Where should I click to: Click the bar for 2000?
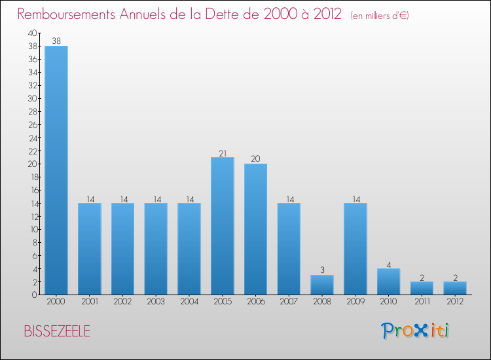coord(56,170)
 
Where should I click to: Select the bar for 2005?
coord(223,226)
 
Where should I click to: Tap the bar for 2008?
coord(322,285)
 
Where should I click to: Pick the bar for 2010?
coord(389,281)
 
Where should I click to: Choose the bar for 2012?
coord(455,288)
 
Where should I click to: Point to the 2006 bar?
coord(256,229)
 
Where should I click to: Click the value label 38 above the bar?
coord(56,41)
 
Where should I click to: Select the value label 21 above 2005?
coord(223,153)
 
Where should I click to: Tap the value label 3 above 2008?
coord(322,270)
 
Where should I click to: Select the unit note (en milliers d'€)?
coord(380,15)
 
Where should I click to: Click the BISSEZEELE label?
coord(57,331)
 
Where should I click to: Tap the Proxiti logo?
coord(416,331)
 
